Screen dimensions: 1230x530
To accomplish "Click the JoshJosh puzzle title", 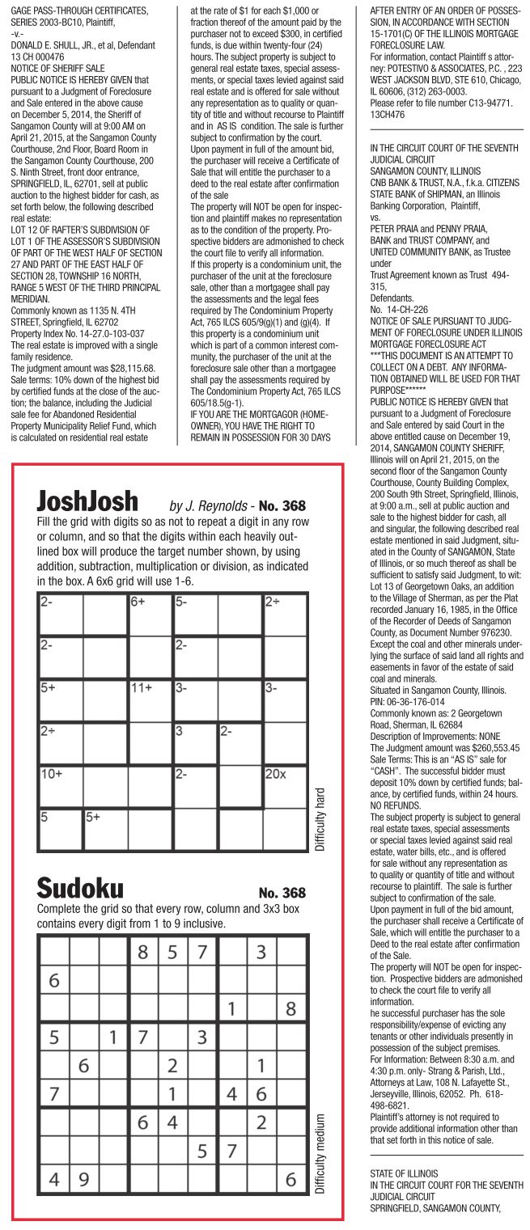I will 87,501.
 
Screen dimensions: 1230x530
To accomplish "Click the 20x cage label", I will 276,773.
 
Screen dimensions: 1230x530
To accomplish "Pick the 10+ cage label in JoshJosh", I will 51,773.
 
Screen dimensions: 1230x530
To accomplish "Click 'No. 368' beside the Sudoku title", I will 282,893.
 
